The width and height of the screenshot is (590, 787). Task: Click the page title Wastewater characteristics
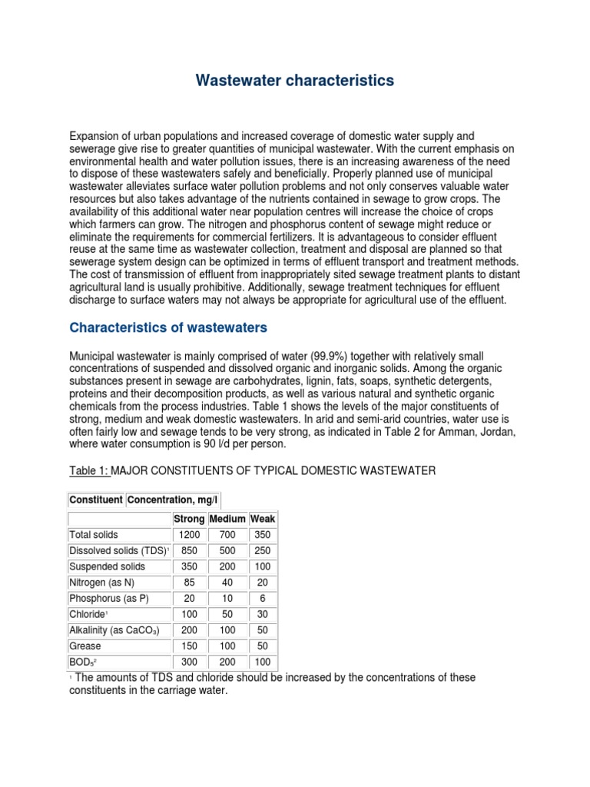click(295, 80)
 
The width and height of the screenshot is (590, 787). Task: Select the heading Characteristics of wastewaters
click(168, 327)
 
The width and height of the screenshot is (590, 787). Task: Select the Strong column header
click(190, 519)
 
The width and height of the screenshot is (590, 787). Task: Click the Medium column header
click(227, 519)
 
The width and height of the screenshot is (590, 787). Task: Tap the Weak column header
click(262, 519)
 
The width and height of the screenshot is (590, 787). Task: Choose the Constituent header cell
click(96, 500)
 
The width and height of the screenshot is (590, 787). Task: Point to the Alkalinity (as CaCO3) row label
click(114, 631)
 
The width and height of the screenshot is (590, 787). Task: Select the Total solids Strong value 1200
click(189, 535)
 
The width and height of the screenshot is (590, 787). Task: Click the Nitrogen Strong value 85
click(189, 583)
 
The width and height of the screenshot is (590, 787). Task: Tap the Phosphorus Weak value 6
click(262, 599)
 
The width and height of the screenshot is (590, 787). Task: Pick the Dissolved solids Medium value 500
click(227, 551)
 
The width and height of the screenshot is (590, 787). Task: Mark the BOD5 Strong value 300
click(189, 662)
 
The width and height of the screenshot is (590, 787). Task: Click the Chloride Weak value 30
click(262, 615)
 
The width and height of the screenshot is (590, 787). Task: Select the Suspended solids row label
click(107, 566)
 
